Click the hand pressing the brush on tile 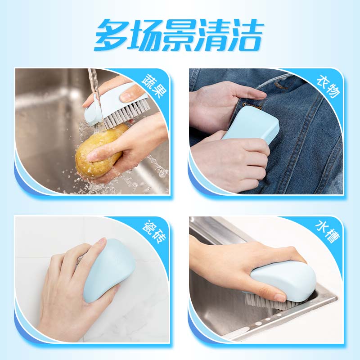tap(72, 288)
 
